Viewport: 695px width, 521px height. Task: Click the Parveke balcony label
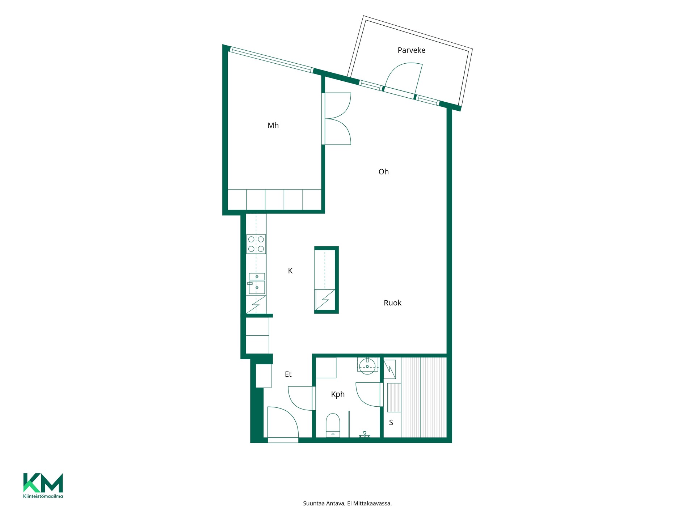[x=411, y=50]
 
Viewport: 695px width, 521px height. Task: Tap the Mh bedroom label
[x=273, y=126]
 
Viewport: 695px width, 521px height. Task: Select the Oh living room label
[x=383, y=172]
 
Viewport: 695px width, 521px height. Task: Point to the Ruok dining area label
[x=392, y=303]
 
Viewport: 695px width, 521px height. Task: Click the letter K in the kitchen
[x=290, y=271]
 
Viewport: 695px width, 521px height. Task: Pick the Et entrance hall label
[x=288, y=374]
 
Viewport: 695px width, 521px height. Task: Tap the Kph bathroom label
[x=338, y=394]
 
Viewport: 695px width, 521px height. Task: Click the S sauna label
[x=391, y=423]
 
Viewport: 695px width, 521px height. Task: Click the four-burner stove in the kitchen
[x=256, y=244]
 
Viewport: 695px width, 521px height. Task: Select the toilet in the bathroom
[x=333, y=425]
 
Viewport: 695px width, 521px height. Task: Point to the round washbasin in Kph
[x=367, y=366]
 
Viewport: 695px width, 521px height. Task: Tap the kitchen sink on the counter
[x=257, y=283]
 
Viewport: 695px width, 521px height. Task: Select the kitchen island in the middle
[x=327, y=280]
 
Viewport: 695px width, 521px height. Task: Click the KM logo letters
[x=43, y=483]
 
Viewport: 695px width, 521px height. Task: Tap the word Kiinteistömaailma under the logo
[x=43, y=496]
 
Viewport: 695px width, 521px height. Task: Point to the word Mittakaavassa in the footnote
[x=375, y=503]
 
